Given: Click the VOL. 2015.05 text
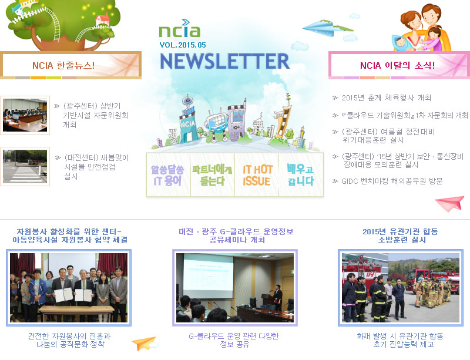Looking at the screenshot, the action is [183, 45].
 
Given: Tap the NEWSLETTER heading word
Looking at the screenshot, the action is [225, 61].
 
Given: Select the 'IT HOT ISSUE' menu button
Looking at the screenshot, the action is [257, 175].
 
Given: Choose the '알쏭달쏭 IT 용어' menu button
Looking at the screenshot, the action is [168, 175].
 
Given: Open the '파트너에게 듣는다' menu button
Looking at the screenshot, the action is [213, 175].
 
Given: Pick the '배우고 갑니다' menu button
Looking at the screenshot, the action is [301, 175].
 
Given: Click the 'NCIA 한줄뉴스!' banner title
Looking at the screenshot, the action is [63, 65].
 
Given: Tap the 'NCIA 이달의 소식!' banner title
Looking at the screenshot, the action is [398, 65].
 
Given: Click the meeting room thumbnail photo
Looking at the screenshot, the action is [25, 116].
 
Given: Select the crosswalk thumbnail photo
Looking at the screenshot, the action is [25, 166].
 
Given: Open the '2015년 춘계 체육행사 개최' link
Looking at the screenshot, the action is [387, 97].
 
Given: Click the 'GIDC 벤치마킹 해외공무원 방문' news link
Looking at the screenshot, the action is [392, 181].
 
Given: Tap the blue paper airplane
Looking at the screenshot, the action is [327, 28].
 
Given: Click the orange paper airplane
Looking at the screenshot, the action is [145, 344].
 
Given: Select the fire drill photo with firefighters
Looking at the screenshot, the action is [401, 288].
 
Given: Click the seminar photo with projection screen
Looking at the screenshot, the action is [235, 288].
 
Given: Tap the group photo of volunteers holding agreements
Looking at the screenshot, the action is [69, 288].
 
